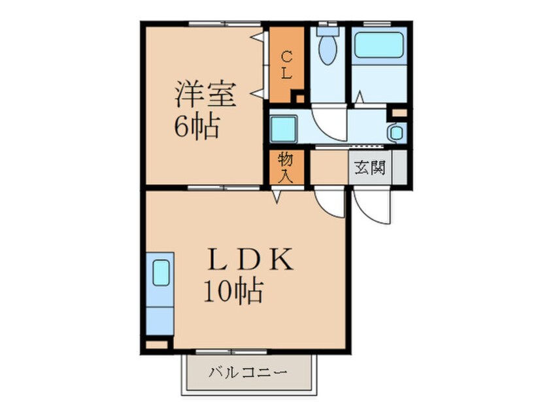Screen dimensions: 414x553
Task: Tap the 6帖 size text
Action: click(x=195, y=125)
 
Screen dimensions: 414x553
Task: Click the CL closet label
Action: click(x=286, y=65)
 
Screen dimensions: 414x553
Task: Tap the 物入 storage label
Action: click(x=286, y=167)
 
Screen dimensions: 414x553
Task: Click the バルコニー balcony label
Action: click(x=248, y=374)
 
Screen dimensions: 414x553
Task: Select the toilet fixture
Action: click(x=327, y=47)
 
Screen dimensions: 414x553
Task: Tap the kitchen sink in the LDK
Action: click(x=161, y=272)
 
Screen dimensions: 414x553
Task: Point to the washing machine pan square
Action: click(x=285, y=128)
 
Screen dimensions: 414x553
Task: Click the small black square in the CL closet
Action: click(x=299, y=99)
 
